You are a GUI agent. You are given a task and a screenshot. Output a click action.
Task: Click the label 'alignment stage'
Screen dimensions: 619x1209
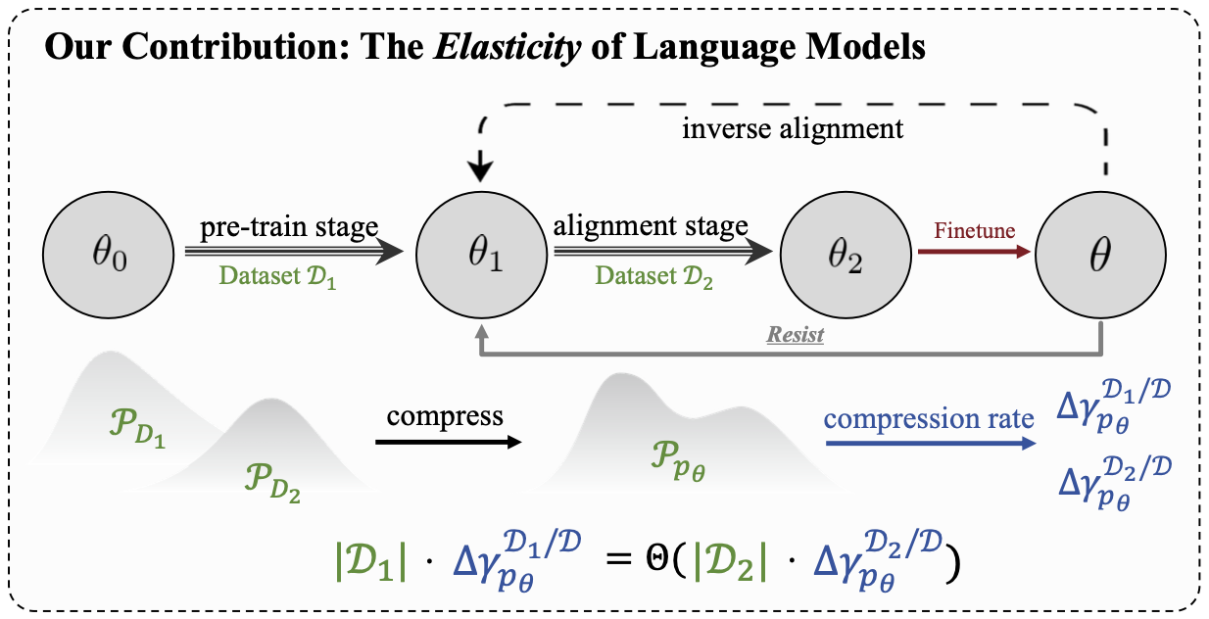[x=651, y=226]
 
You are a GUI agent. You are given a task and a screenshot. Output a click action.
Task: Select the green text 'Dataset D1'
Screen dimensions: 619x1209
[x=277, y=277]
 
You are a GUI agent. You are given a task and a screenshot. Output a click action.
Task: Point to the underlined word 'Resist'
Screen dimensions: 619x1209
[x=795, y=335]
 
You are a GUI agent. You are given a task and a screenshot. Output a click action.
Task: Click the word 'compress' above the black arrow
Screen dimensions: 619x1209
[x=445, y=415]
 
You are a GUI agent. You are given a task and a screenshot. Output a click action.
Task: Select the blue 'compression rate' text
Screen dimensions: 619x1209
[x=929, y=419]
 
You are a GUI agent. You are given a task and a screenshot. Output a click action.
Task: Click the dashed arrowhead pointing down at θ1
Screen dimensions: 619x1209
[x=478, y=171]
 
